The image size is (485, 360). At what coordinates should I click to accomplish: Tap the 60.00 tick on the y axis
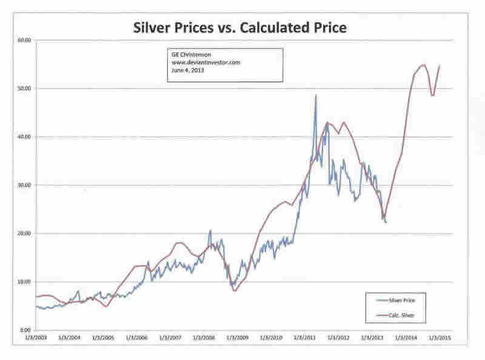[x=24, y=41]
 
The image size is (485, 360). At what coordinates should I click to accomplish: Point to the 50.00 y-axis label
[x=24, y=88]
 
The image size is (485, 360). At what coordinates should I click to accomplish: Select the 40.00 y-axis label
[x=24, y=137]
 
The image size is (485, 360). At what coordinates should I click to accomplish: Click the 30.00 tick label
[x=24, y=185]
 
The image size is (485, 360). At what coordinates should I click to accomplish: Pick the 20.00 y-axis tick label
[x=24, y=233]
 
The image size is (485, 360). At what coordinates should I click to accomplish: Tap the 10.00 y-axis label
[x=24, y=282]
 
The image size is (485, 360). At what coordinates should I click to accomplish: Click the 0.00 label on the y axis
[x=25, y=330]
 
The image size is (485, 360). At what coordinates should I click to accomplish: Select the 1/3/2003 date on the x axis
[x=38, y=337]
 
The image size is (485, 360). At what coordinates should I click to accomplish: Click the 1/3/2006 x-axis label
[x=138, y=337]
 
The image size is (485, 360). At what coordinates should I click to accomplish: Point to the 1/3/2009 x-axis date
[x=238, y=337]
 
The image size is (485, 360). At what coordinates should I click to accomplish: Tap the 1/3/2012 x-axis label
[x=338, y=337]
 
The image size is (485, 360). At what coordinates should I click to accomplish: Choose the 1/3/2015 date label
[x=438, y=337]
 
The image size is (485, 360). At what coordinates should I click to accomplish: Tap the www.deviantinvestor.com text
[x=198, y=61]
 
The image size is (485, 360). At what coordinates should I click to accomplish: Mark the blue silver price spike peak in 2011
[x=316, y=95]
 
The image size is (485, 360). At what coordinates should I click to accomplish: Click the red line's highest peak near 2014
[x=423, y=65]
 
